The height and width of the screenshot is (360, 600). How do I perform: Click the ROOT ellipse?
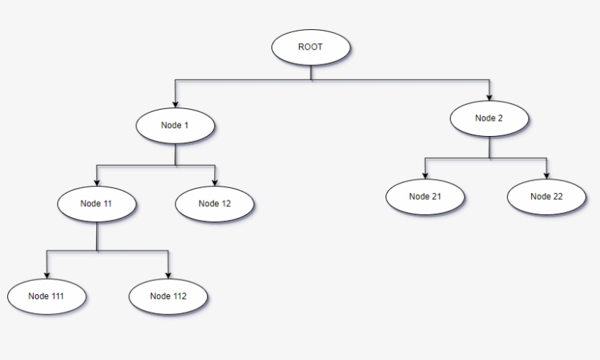311,47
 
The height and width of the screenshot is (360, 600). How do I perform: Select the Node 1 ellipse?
175,125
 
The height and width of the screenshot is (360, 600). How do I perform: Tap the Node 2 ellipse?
489,119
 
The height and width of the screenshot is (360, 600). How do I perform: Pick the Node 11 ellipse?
97,203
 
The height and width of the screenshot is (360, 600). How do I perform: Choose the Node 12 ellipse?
214,203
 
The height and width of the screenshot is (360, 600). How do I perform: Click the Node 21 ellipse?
425,196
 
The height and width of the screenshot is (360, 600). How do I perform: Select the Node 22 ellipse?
547,196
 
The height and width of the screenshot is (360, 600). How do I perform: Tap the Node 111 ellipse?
47,296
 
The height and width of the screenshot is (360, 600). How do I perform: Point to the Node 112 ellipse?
168,296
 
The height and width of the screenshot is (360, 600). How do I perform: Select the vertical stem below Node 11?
97,236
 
